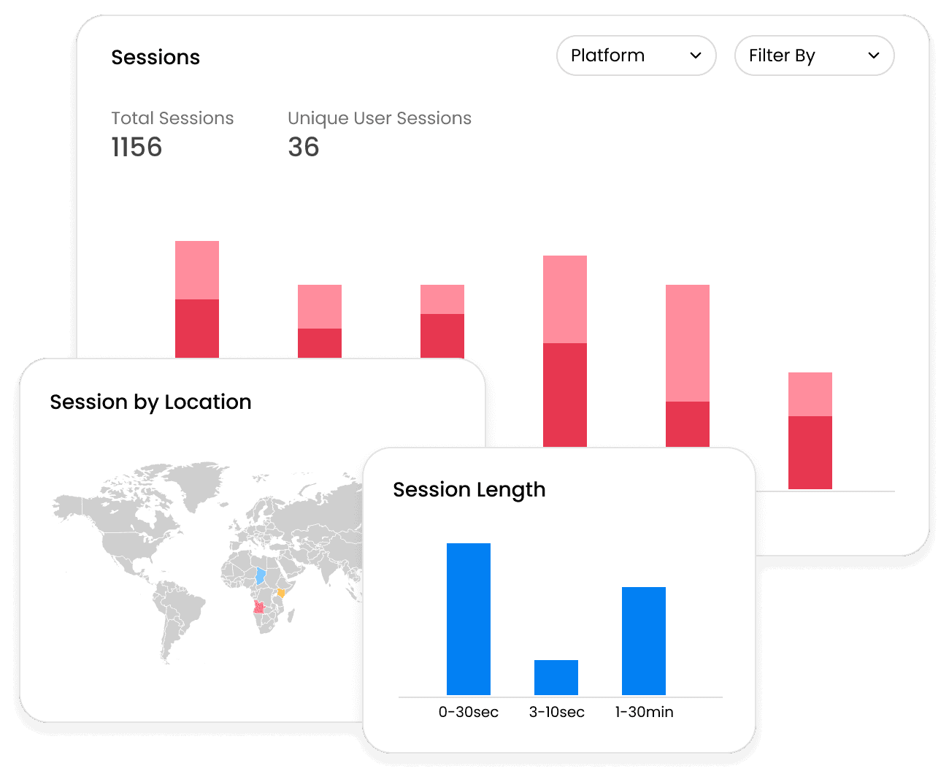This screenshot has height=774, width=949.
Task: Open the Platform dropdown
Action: (x=636, y=55)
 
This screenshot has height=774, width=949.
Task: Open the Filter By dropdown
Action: (x=814, y=55)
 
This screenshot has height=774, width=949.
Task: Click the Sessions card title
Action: (x=155, y=58)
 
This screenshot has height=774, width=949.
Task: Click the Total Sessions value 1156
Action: (x=137, y=147)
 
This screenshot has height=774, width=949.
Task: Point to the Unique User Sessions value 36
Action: (x=304, y=147)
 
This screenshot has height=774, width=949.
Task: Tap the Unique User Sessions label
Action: (x=380, y=118)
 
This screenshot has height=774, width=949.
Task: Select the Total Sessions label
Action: (x=172, y=118)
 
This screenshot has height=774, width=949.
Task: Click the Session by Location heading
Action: (x=150, y=402)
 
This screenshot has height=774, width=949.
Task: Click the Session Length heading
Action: (x=469, y=490)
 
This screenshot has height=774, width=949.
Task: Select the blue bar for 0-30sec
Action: (x=469, y=619)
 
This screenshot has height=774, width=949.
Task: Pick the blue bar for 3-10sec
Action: (x=556, y=678)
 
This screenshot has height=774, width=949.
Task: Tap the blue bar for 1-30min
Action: (x=644, y=641)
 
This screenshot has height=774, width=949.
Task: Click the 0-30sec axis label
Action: (x=469, y=712)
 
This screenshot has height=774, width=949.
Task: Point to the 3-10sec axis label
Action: (x=557, y=712)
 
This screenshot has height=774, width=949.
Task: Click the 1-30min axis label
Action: (x=645, y=712)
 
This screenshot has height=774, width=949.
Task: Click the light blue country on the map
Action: (x=260, y=576)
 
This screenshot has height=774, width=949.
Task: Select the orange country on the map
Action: (x=281, y=593)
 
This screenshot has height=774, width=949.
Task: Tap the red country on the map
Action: (x=259, y=607)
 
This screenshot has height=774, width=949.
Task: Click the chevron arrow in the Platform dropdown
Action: (x=696, y=55)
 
